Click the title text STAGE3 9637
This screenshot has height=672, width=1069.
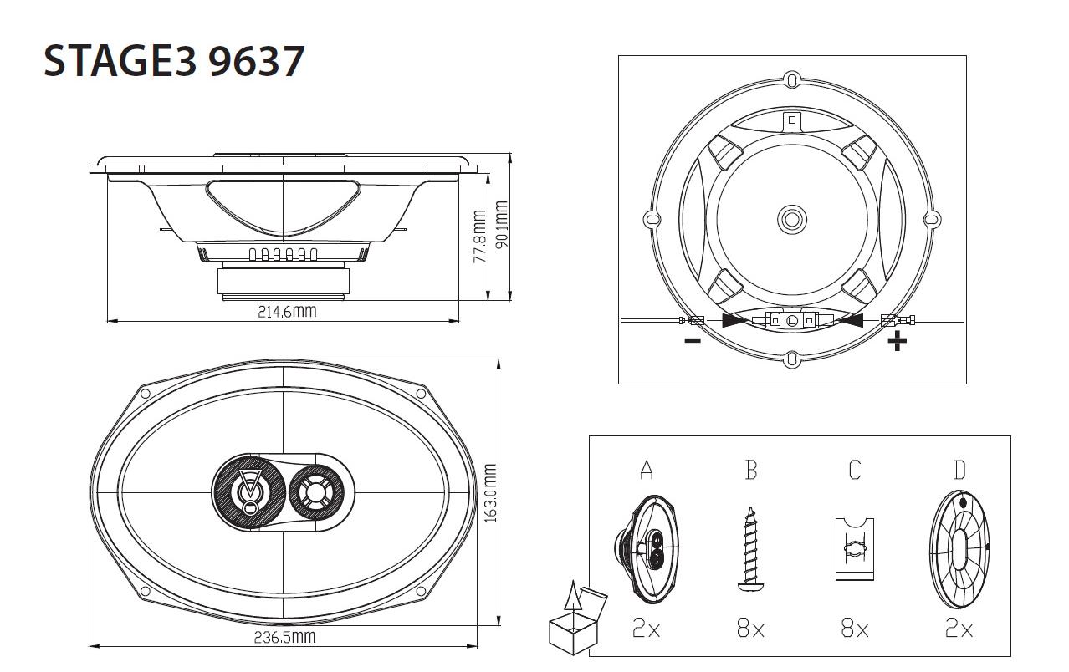pyautogui.click(x=173, y=62)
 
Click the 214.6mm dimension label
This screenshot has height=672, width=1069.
pyautogui.click(x=287, y=312)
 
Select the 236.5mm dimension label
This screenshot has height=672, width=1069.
pyautogui.click(x=284, y=638)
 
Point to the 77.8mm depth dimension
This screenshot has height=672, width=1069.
pyautogui.click(x=479, y=237)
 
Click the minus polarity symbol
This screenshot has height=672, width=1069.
pyautogui.click(x=692, y=340)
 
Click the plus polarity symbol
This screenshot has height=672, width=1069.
pyautogui.click(x=897, y=340)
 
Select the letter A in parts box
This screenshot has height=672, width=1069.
pyautogui.click(x=646, y=471)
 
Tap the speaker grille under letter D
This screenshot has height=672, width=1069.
pyautogui.click(x=959, y=549)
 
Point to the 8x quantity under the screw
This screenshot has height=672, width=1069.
pyautogui.click(x=750, y=629)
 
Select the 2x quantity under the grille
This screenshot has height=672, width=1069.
pyautogui.click(x=959, y=629)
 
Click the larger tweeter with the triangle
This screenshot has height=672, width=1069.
pyautogui.click(x=249, y=491)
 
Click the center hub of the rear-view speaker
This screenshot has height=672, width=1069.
pyautogui.click(x=791, y=220)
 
